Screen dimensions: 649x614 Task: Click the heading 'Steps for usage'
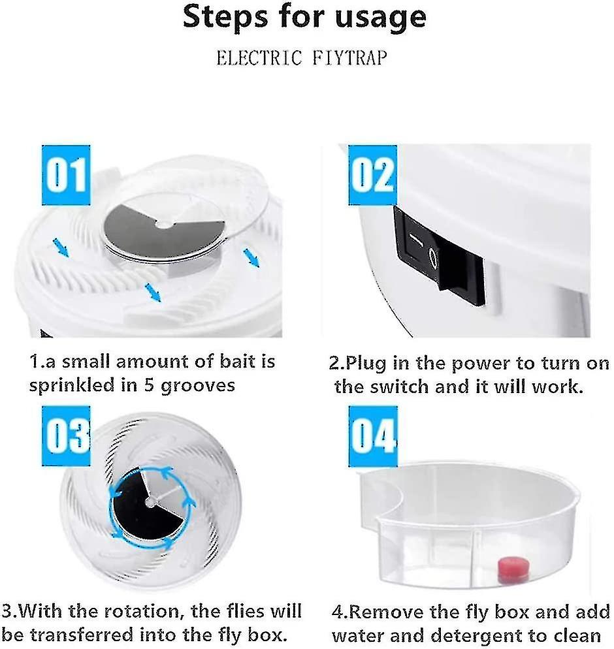click(304, 18)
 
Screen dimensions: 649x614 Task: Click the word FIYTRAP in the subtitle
click(349, 58)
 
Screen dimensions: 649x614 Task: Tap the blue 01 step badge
click(65, 174)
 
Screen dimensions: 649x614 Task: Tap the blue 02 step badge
click(372, 174)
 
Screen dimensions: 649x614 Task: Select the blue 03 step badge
click(65, 434)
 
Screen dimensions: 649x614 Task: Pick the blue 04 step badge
click(372, 435)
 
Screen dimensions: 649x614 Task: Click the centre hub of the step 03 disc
click(151, 501)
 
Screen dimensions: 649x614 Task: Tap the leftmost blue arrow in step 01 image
click(61, 247)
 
